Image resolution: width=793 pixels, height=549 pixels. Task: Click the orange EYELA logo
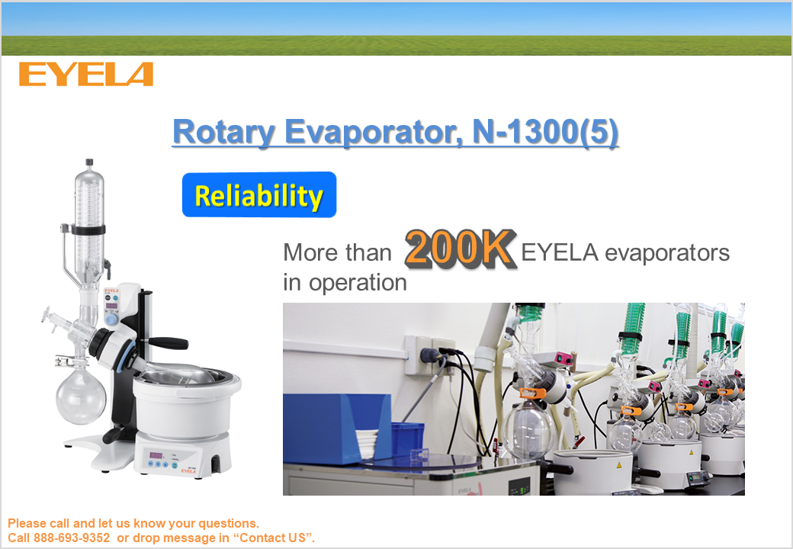[86, 74]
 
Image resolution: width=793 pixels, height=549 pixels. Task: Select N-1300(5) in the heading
[545, 131]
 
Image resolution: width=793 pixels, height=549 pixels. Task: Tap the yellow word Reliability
[258, 196]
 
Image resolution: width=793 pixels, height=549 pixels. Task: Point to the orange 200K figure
[460, 249]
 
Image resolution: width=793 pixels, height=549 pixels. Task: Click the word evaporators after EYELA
[667, 252]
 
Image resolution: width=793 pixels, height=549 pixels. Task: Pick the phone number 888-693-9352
[72, 538]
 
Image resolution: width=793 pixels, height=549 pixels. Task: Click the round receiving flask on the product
[80, 396]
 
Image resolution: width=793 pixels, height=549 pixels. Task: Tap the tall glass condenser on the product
[89, 223]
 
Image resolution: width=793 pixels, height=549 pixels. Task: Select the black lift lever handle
[168, 343]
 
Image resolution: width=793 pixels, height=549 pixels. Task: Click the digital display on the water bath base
[156, 455]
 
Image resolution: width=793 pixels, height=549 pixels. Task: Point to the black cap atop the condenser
[89, 162]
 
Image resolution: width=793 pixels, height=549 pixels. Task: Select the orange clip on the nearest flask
[532, 393]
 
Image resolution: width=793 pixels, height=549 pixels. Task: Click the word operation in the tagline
[358, 283]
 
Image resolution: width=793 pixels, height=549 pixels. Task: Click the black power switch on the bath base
[216, 462]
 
